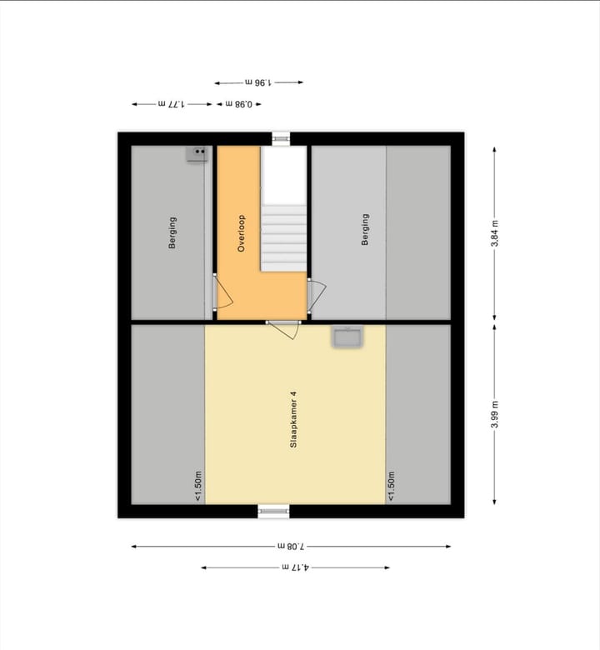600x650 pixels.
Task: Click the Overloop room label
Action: [x=242, y=233]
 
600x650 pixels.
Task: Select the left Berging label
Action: [x=172, y=232]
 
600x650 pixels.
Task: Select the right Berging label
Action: [x=365, y=229]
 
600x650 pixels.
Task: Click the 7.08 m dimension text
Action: [x=292, y=546]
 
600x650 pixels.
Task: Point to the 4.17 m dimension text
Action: [x=295, y=567]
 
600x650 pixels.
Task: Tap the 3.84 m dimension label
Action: [x=495, y=233]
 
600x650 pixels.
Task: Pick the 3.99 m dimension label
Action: [x=495, y=413]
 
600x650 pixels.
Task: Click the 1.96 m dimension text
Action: [x=259, y=82]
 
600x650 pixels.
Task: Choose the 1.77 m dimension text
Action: [x=170, y=104]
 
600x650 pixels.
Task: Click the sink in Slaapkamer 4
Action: [x=345, y=337]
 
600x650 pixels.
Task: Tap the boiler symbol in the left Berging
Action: [x=197, y=153]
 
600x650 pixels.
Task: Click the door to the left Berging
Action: [x=222, y=293]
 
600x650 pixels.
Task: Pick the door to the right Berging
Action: [x=317, y=294]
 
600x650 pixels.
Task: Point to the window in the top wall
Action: [x=282, y=138]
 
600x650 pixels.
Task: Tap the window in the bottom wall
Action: [x=272, y=511]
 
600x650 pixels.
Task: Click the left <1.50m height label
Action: [x=198, y=486]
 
